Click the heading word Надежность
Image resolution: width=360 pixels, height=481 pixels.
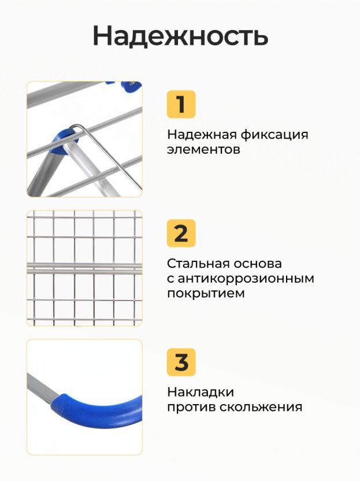click(180, 36)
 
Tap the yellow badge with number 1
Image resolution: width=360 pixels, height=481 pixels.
click(181, 104)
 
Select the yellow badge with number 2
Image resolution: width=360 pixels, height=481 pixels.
click(181, 233)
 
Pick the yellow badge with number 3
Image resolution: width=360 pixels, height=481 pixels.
click(181, 362)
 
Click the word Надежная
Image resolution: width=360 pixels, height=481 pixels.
click(202, 135)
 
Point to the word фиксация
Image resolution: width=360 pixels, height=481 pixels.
click(274, 134)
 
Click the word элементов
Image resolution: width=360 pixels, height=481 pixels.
click(203, 150)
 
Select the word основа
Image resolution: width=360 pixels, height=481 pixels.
click(257, 264)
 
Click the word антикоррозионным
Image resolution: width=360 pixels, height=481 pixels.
click(246, 279)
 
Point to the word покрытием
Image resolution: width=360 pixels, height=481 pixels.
click(206, 294)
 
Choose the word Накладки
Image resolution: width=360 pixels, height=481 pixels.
click(201, 393)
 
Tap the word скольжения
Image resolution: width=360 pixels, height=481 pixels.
click(261, 408)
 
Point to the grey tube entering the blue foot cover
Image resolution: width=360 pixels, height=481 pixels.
click(42, 387)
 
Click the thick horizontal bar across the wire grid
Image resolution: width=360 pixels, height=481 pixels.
click(84, 268)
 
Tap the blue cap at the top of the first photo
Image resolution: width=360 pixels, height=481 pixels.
click(132, 87)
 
